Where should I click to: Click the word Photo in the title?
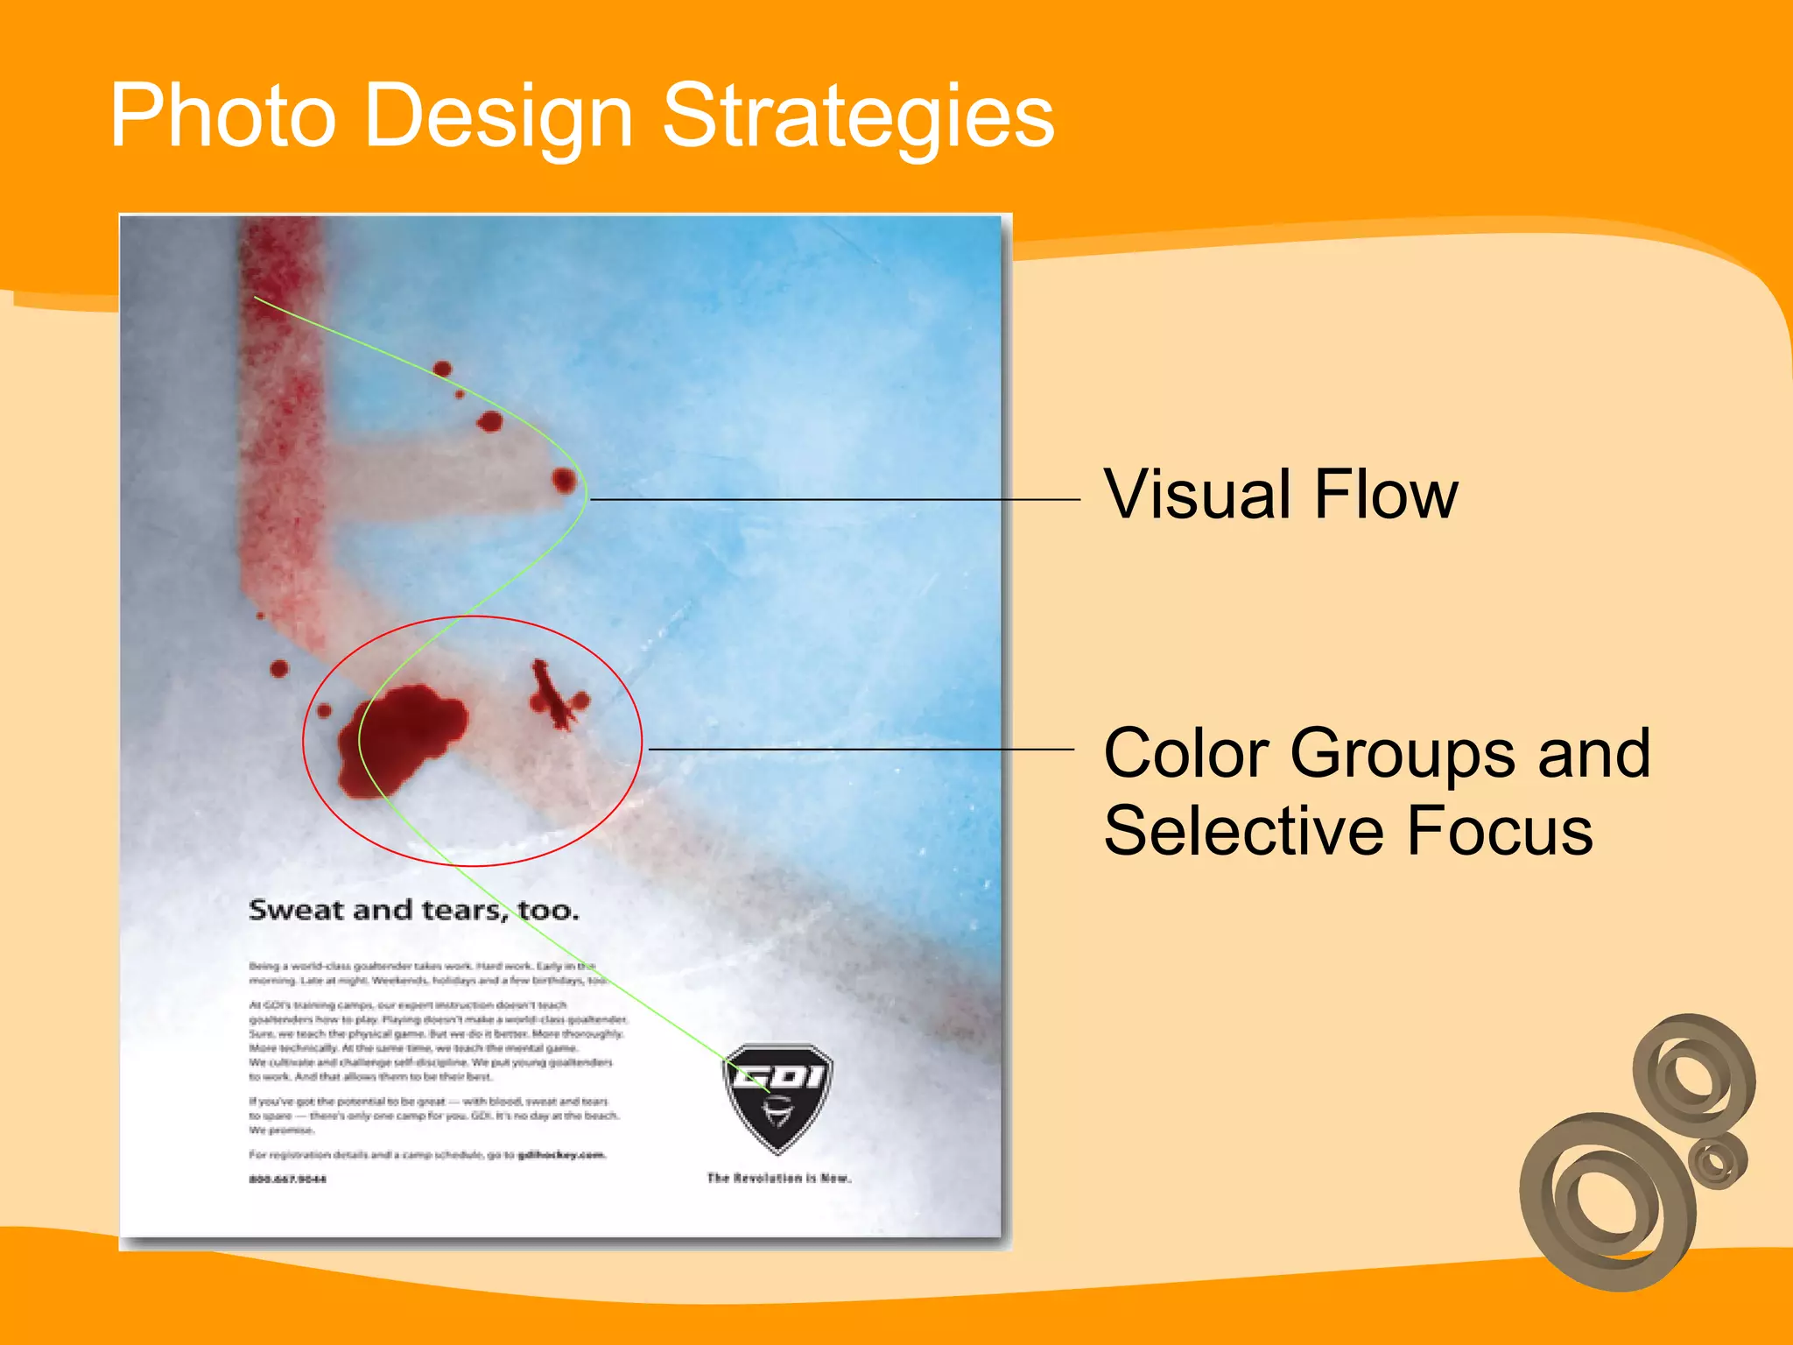point(222,116)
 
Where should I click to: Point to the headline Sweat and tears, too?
point(413,911)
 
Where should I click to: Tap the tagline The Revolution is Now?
point(778,1179)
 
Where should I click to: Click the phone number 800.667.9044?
point(287,1180)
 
